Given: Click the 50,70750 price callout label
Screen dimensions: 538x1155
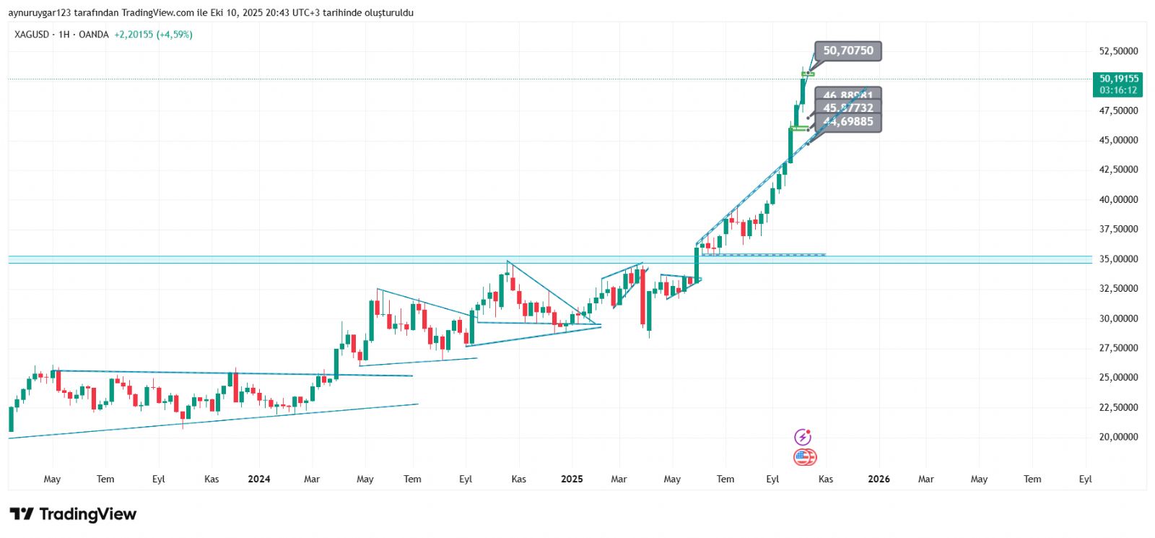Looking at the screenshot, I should pyautogui.click(x=848, y=51).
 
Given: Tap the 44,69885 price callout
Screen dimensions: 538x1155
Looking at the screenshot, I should pyautogui.click(x=848, y=122).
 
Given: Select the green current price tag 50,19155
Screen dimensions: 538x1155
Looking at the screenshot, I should pyautogui.click(x=1118, y=84).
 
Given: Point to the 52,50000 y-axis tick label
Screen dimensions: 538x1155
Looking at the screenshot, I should pyautogui.click(x=1118, y=51).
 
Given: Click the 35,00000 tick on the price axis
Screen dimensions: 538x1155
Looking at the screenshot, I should pyautogui.click(x=1118, y=259).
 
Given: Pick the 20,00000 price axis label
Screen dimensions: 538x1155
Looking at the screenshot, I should pyautogui.click(x=1118, y=437).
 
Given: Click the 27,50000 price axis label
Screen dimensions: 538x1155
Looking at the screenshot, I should pyautogui.click(x=1118, y=348).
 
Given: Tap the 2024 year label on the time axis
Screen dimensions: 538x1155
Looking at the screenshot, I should pyautogui.click(x=258, y=479).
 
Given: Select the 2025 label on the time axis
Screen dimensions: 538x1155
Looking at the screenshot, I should pyautogui.click(x=572, y=479).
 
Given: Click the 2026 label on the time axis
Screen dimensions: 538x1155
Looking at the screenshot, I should pyautogui.click(x=879, y=479).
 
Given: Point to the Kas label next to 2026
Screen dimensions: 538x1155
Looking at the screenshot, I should pyautogui.click(x=826, y=479).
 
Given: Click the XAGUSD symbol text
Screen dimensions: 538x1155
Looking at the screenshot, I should pyautogui.click(x=32, y=35).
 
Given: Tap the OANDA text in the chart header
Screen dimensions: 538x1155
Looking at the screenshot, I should pyautogui.click(x=94, y=35).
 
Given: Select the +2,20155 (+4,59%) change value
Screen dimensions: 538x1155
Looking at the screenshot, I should pyautogui.click(x=153, y=35).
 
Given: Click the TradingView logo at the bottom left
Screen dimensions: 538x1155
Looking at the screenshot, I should pyautogui.click(x=73, y=514).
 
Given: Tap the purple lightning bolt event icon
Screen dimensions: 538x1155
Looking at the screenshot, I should pyautogui.click(x=803, y=437).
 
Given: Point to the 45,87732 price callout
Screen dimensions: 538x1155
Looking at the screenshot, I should pyautogui.click(x=848, y=108).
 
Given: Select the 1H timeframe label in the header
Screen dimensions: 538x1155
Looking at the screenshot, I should pyautogui.click(x=64, y=35).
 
